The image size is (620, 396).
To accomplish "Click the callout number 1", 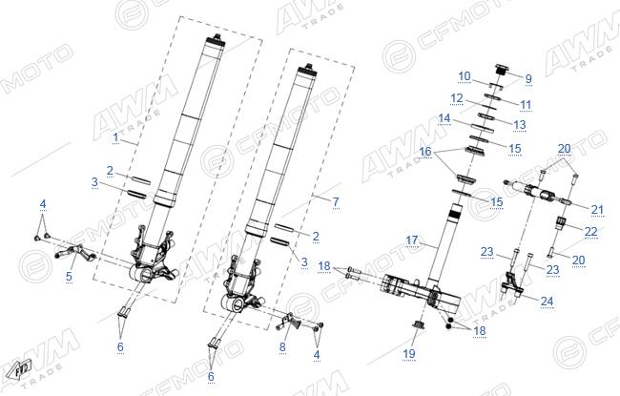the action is point(115,137).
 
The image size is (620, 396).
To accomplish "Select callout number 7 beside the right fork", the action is point(336,201).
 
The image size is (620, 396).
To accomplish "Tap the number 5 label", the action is point(69,277).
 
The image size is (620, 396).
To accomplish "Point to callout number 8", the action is point(282,347).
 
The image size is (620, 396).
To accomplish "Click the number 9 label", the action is point(528,79).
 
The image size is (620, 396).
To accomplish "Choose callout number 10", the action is point(465,76).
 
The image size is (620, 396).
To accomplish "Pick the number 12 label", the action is point(457,98).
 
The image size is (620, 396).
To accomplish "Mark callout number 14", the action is point(444,118).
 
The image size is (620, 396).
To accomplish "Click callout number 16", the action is point(425,152).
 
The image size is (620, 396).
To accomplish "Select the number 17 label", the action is point(412,240).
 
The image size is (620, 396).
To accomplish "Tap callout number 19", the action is point(409,353).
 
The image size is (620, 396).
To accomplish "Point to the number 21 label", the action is point(597,210).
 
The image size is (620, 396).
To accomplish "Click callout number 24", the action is point(547,301).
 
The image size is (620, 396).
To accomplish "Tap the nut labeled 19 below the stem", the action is point(416,325).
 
